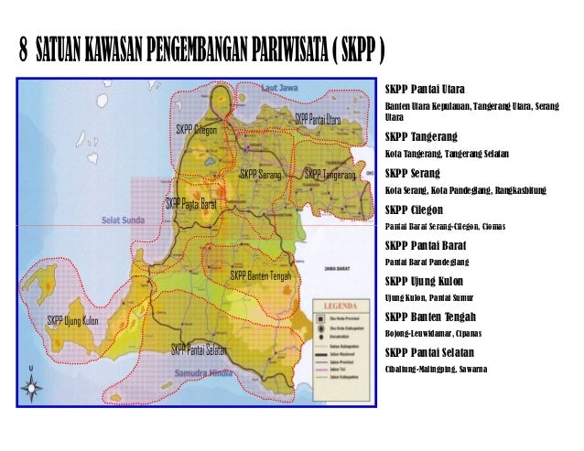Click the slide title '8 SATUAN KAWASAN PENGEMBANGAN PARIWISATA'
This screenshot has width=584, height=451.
coord(201,48)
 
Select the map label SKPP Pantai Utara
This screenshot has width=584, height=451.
coord(317,120)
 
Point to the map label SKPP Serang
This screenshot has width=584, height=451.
coord(260,173)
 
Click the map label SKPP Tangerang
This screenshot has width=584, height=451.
coord(330,173)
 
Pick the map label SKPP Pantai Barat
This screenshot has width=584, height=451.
coord(190,203)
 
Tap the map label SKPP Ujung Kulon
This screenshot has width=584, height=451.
coord(73,320)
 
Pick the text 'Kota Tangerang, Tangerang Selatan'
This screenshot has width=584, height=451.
coord(448,153)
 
